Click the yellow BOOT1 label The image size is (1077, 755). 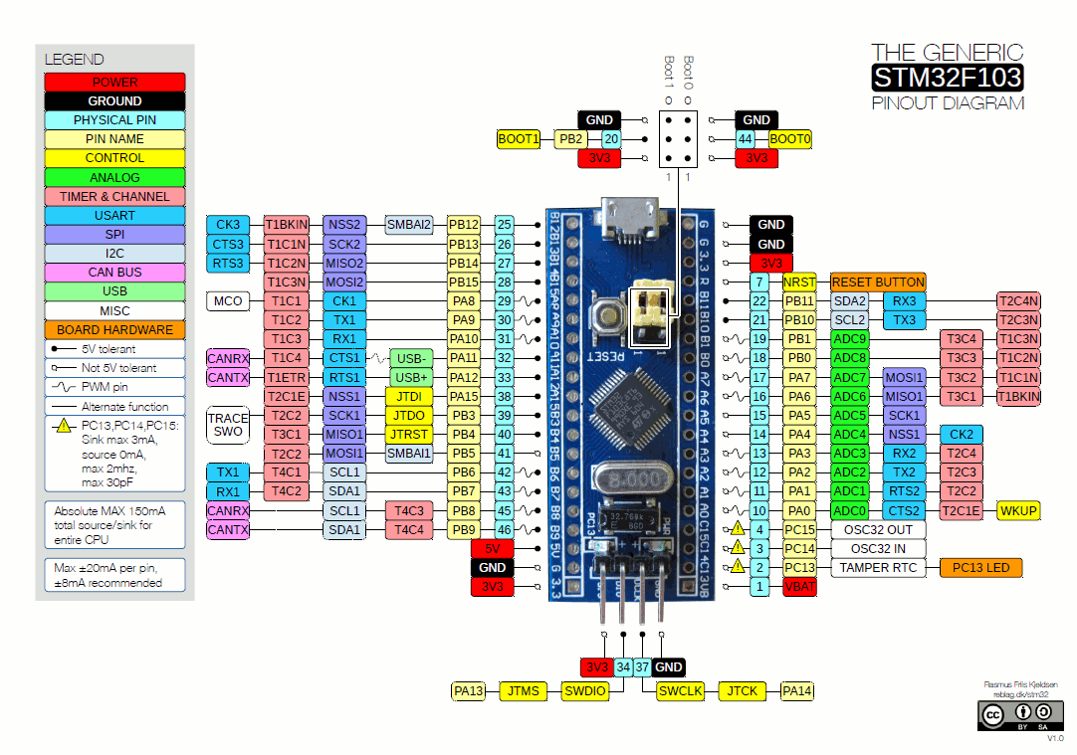(518, 140)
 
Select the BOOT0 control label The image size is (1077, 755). (790, 140)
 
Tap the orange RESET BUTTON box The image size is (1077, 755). (878, 283)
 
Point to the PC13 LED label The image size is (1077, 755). (980, 568)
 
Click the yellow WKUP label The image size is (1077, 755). (1018, 511)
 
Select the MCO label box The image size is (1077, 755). (228, 301)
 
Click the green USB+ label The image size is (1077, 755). (410, 378)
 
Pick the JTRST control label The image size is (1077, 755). (409, 435)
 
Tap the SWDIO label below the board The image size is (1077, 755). (584, 691)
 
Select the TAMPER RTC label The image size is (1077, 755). (877, 568)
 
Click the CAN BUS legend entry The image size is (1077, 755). (114, 273)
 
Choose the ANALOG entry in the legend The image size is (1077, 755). (114, 178)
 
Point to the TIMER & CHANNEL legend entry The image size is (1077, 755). (114, 197)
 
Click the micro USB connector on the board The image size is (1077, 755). (628, 220)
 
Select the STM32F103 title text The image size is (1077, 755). (947, 78)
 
